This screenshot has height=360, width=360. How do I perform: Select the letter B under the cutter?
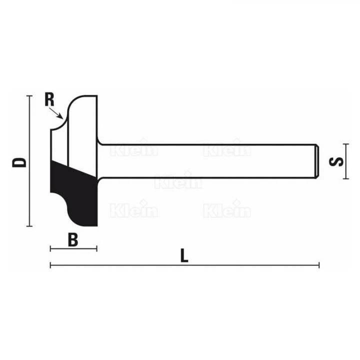pos(73,239)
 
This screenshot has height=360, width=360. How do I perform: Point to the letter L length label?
pos(184,256)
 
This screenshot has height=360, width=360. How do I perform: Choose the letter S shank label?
pos(337,161)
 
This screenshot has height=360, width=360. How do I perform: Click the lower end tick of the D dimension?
pos(30,226)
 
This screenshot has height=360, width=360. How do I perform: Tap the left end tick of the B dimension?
pos(50,248)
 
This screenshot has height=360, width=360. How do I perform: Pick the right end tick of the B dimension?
pos(96,248)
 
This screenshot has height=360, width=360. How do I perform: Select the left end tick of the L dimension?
pos(50,265)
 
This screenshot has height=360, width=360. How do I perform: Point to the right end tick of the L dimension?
pos(319,265)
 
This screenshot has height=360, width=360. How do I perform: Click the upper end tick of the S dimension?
pos(344,145)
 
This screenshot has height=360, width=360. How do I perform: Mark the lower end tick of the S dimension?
pos(344,178)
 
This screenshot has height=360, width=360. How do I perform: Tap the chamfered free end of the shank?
pos(316,161)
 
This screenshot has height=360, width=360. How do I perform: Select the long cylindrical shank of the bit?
pos(210,161)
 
